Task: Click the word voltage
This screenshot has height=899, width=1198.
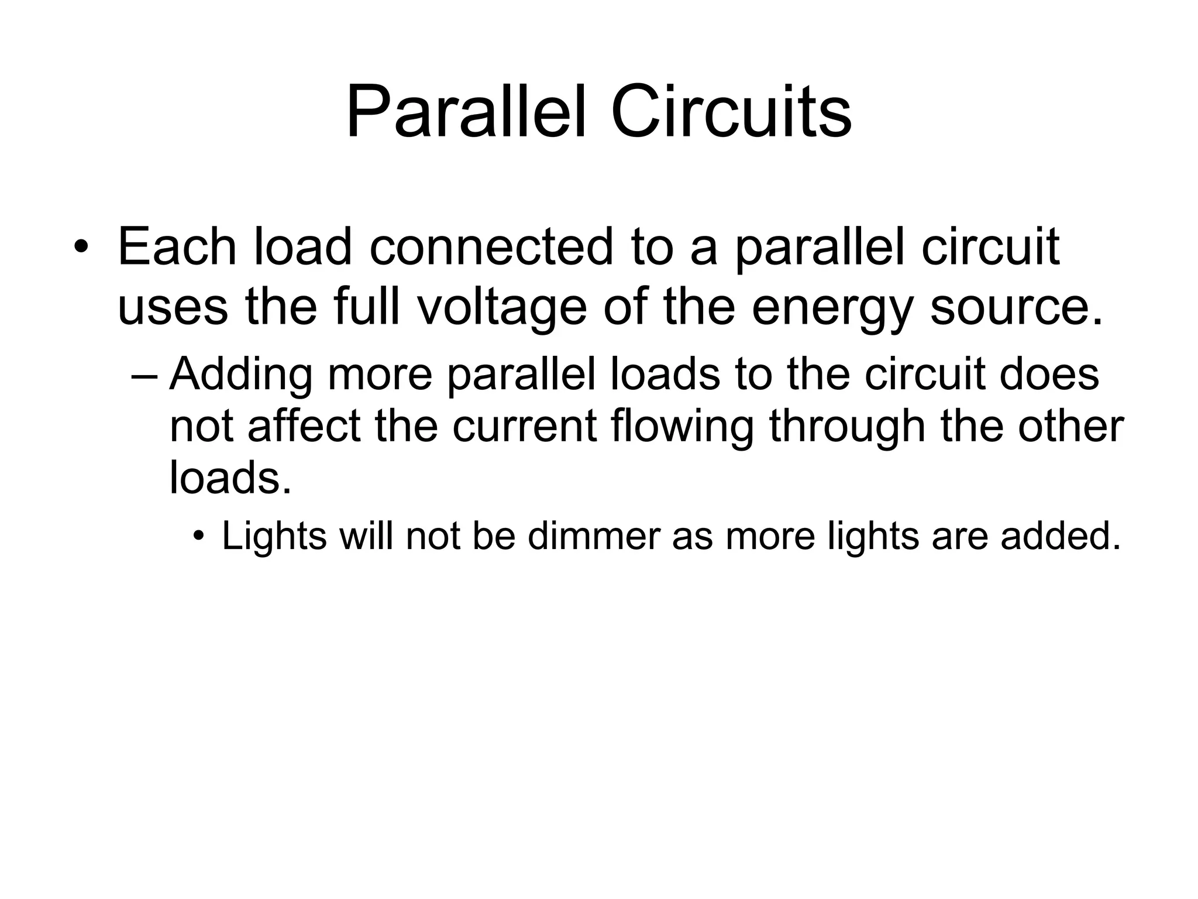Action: click(x=502, y=308)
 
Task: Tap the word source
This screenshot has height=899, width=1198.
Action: click(x=1015, y=308)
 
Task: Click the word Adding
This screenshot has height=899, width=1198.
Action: click(x=241, y=375)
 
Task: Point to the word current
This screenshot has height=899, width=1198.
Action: click(x=525, y=426)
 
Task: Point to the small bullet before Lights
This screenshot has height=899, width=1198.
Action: click(x=199, y=536)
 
